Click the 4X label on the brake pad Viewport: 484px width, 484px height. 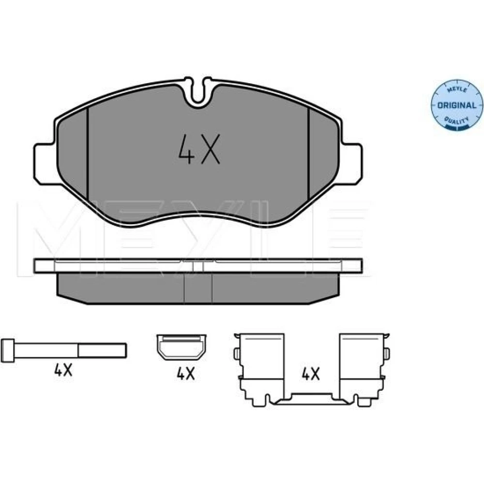[x=199, y=149]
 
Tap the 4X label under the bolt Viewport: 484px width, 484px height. [x=63, y=369]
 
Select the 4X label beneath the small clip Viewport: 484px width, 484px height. [x=186, y=374]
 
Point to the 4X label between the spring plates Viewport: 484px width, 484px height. [x=311, y=374]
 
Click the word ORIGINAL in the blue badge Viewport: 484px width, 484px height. [x=457, y=105]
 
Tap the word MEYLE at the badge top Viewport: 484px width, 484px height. [x=457, y=90]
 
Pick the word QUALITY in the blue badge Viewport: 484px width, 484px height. [x=456, y=121]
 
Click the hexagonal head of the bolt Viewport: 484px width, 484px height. [x=8, y=350]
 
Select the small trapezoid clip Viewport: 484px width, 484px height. [x=181, y=347]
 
